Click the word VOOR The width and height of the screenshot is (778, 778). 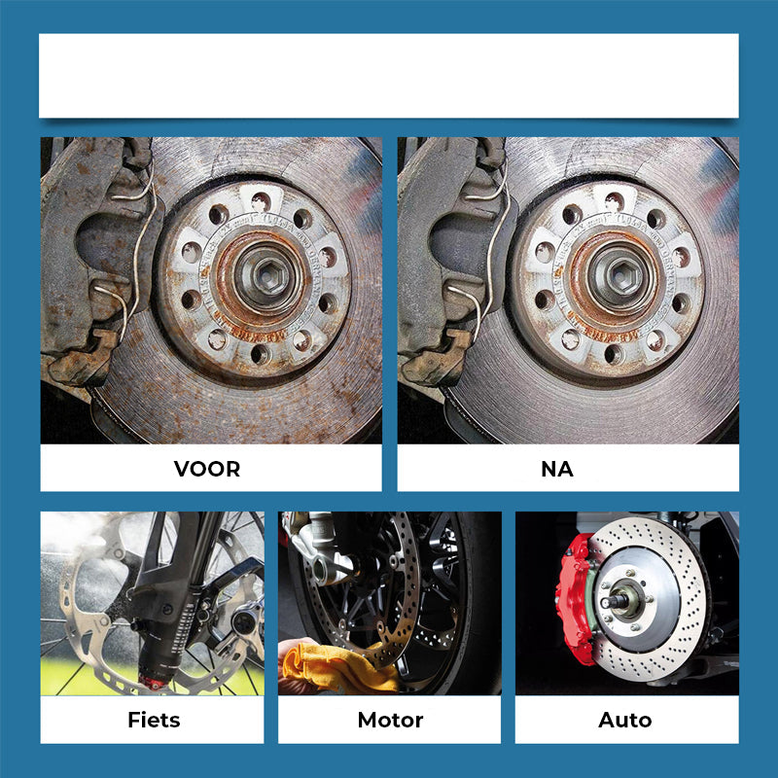pos(207,469)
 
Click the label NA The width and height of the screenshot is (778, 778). pos(557,469)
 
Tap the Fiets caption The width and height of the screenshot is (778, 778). pos(154,720)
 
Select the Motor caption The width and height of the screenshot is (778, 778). pos(391,720)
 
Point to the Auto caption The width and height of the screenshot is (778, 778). pos(625,720)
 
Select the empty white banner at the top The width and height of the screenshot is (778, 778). pos(388,76)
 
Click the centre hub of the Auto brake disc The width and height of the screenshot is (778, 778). pos(622,599)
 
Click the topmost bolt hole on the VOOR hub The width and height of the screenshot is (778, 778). pos(261,202)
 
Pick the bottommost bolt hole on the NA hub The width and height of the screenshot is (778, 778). pos(615,354)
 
